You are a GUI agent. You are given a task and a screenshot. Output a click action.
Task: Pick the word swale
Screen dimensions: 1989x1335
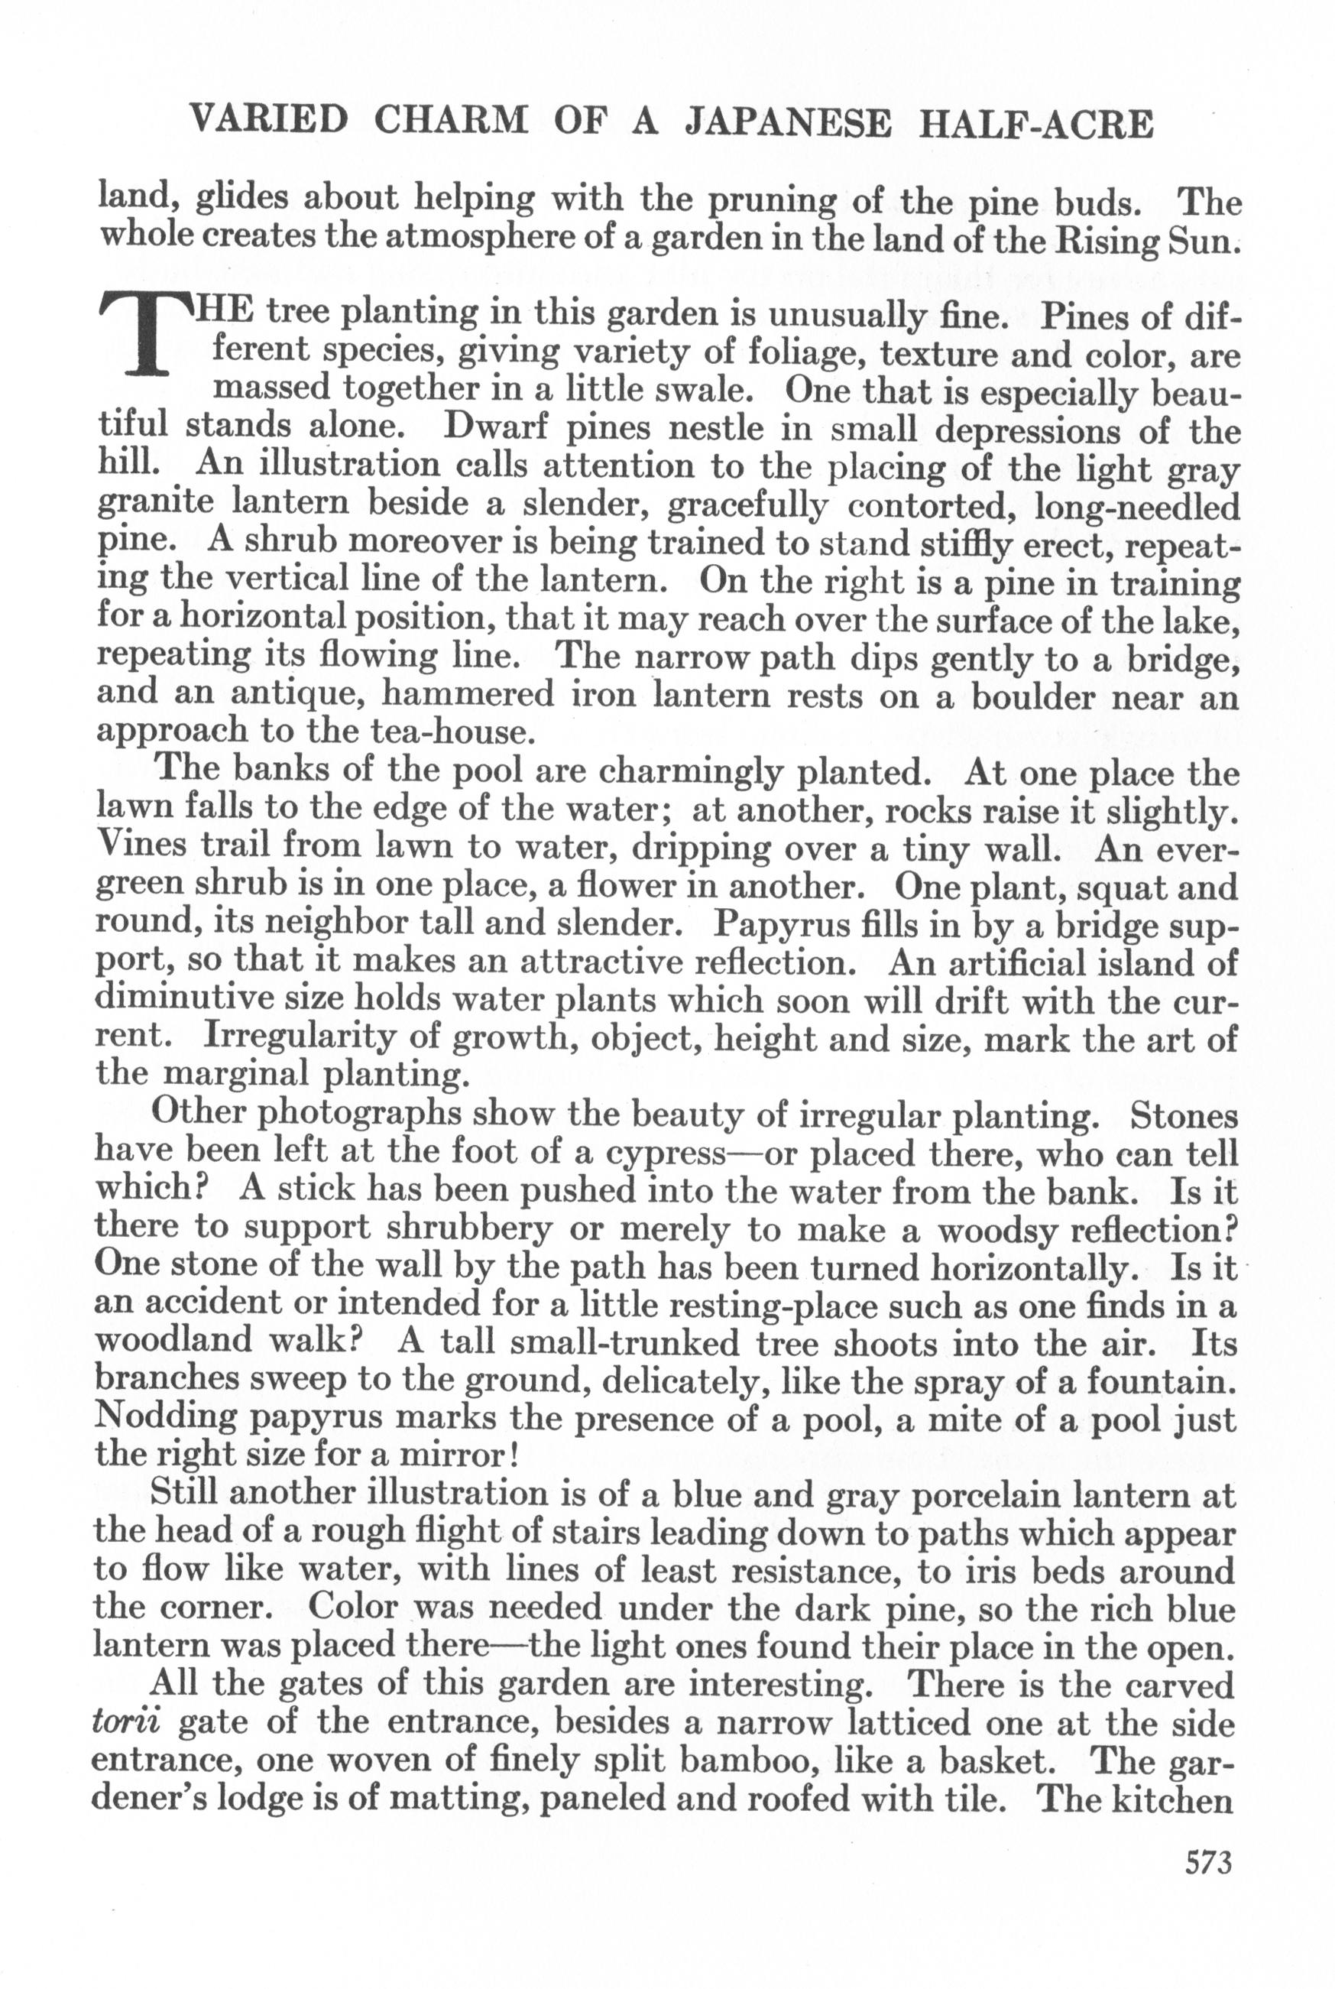700,389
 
